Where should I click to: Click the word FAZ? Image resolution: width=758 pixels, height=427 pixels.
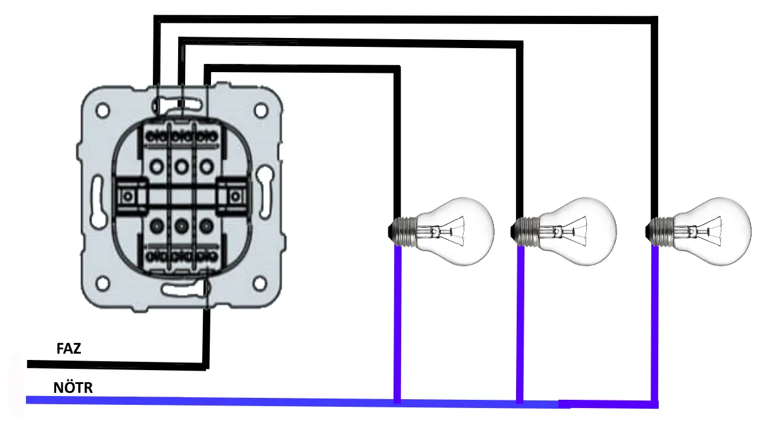pos(69,349)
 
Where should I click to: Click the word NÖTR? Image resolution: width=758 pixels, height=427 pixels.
pos(73,387)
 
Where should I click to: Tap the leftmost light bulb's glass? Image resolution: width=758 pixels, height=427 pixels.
pos(456,232)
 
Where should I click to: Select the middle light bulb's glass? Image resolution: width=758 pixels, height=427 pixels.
pos(578,232)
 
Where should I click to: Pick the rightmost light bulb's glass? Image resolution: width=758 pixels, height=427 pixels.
pos(713,232)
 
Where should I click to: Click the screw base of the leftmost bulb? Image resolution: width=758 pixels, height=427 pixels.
pos(403,232)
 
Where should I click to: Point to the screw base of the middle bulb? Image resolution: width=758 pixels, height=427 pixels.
pos(525,232)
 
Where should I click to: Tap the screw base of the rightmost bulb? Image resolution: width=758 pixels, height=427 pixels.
pos(660,232)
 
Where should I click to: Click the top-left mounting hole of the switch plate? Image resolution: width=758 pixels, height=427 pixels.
pos(103,111)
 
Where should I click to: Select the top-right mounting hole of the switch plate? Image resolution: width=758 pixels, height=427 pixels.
pos(260,111)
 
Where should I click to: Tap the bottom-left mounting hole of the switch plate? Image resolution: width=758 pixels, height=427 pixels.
pos(103,283)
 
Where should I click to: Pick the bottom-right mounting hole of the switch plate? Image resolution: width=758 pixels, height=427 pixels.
pos(260,283)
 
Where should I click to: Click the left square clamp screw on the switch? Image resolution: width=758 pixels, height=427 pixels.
pos(128,196)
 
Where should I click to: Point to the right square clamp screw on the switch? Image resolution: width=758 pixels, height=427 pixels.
pos(235,196)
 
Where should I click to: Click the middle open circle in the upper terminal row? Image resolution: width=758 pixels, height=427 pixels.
pos(181,167)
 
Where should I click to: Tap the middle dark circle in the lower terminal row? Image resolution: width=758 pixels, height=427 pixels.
pos(181,226)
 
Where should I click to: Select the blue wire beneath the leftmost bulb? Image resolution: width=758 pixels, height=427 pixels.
pos(397,324)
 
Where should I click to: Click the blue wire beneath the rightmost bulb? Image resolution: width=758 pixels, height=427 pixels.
pos(655,324)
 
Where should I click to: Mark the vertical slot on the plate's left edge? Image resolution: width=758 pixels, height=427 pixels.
pos(98,201)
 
